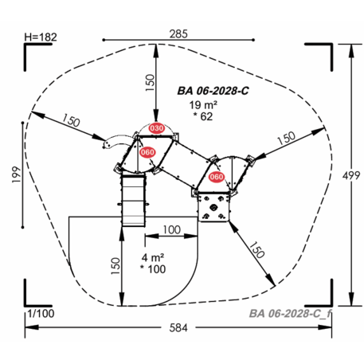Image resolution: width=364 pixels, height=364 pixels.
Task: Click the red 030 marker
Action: [x=156, y=128]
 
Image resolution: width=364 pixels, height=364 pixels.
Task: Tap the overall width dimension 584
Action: [x=178, y=327]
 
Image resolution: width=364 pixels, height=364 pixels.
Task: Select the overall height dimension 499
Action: [x=351, y=175]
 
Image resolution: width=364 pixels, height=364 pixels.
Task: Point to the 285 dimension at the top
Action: [x=178, y=34]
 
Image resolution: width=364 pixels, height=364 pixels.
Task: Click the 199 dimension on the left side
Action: [x=16, y=174]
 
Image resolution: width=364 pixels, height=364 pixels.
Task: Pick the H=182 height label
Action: [x=41, y=37]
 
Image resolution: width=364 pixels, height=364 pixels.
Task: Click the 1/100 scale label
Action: [x=41, y=314]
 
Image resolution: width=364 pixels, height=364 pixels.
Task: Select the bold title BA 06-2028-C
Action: [x=213, y=91]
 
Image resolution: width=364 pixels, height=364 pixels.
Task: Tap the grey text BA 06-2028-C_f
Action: [x=290, y=314]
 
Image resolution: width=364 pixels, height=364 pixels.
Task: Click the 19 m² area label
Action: [x=203, y=105]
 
